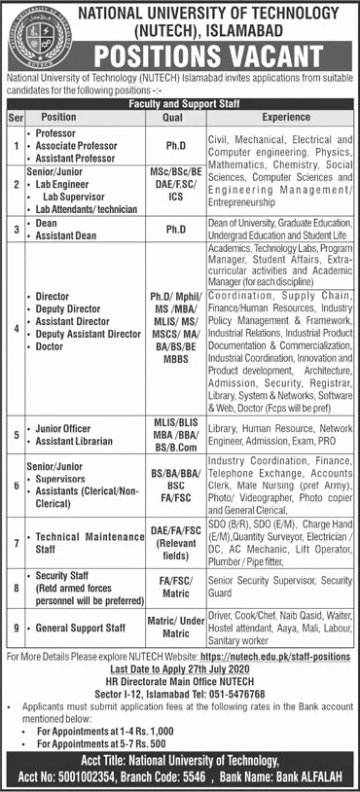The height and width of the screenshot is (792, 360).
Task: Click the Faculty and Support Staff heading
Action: point(179,100)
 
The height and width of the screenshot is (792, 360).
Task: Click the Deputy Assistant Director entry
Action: point(85,333)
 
